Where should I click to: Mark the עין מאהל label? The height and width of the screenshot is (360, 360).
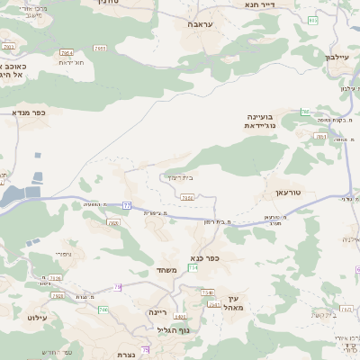[237, 303]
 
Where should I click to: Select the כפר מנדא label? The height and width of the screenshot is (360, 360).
[28, 113]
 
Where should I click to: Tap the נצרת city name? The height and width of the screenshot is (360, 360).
[127, 355]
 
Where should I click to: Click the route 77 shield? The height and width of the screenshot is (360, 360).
[127, 206]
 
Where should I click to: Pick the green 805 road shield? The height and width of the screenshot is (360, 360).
[312, 19]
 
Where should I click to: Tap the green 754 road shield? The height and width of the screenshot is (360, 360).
[193, 267]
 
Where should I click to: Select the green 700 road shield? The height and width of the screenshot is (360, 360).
[103, 310]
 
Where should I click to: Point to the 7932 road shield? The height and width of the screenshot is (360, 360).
[187, 197]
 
